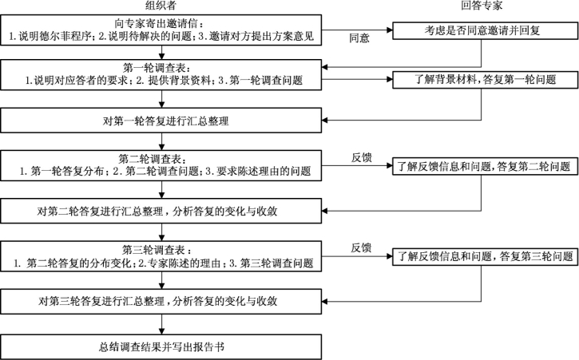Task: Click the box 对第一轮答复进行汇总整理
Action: (164, 121)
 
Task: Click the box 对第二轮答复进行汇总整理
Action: (164, 211)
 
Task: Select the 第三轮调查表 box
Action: (164, 256)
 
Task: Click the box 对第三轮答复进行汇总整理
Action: (164, 301)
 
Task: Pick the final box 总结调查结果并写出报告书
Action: (164, 347)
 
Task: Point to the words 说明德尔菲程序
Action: (49, 37)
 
